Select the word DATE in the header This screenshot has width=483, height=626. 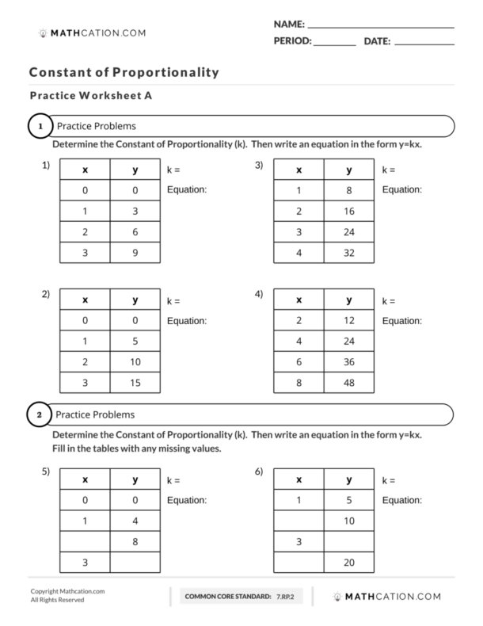tap(377, 40)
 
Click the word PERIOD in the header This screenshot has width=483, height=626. tap(292, 40)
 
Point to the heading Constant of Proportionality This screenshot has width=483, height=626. tap(124, 72)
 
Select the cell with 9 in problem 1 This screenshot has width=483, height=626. tap(135, 252)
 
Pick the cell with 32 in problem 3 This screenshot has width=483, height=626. tap(349, 252)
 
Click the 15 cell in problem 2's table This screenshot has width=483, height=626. tap(135, 383)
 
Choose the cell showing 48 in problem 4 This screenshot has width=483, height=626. tap(349, 383)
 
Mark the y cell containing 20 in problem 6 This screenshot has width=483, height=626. tap(349, 562)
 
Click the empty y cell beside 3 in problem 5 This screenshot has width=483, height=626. tap(135, 562)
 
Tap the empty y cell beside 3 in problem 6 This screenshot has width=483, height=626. tap(349, 541)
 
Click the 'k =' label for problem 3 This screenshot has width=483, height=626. tap(389, 170)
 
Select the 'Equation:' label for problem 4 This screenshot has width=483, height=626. tap(401, 321)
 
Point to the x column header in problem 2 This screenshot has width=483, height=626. tap(85, 300)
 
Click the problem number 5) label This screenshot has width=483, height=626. tap(46, 472)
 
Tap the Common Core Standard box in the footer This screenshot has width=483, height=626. tap(239, 595)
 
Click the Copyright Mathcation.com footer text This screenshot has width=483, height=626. tap(67, 591)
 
